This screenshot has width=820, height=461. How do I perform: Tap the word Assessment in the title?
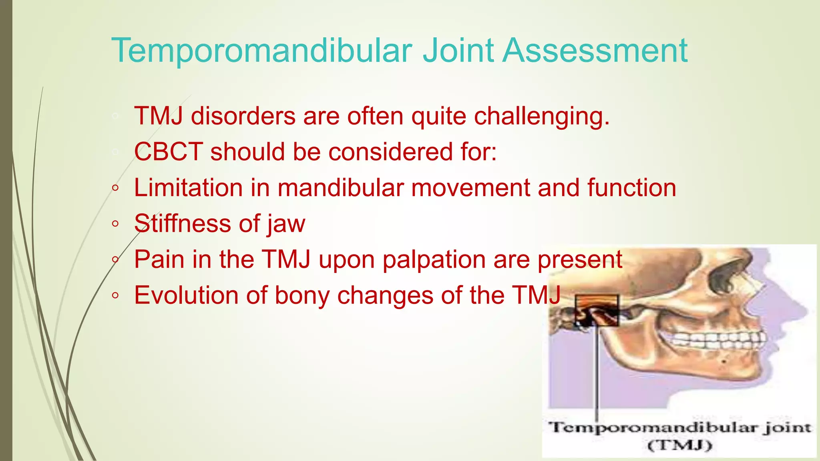pyautogui.click(x=595, y=51)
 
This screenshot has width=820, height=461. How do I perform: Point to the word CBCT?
pyautogui.click(x=168, y=152)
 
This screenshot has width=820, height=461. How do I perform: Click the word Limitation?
pyautogui.click(x=188, y=188)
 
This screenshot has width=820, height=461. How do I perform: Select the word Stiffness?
pyautogui.click(x=183, y=223)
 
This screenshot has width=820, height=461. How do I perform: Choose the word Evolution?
pyautogui.click(x=186, y=295)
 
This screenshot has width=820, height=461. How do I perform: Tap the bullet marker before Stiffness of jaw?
pyautogui.click(x=115, y=224)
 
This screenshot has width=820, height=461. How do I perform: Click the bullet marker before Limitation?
pyautogui.click(x=115, y=188)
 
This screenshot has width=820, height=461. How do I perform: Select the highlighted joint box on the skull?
pyautogui.click(x=597, y=311)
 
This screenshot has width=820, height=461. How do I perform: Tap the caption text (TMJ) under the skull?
pyautogui.click(x=679, y=445)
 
